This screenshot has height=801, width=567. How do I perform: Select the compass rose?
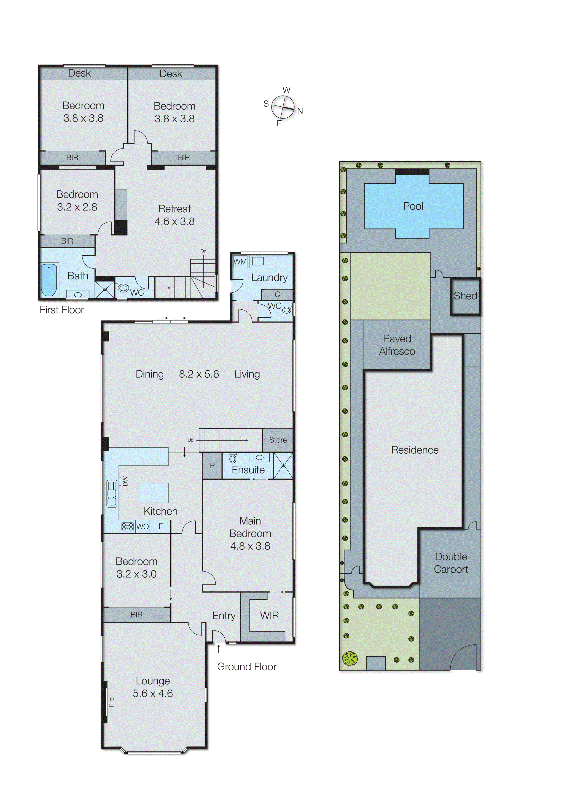pos(283,107)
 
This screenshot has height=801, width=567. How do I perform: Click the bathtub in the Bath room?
pos(49,280)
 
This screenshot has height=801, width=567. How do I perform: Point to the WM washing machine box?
pos(240,262)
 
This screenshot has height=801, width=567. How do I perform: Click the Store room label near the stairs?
pos(278,440)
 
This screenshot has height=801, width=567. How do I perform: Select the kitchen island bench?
pos(154,493)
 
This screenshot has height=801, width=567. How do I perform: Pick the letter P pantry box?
pos(212,466)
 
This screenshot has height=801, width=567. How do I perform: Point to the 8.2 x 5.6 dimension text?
pos(199,374)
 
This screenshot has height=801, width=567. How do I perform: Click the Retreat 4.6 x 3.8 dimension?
pos(174,222)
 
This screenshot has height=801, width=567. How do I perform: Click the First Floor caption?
pos(62,310)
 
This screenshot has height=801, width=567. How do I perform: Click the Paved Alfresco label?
pos(397,345)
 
